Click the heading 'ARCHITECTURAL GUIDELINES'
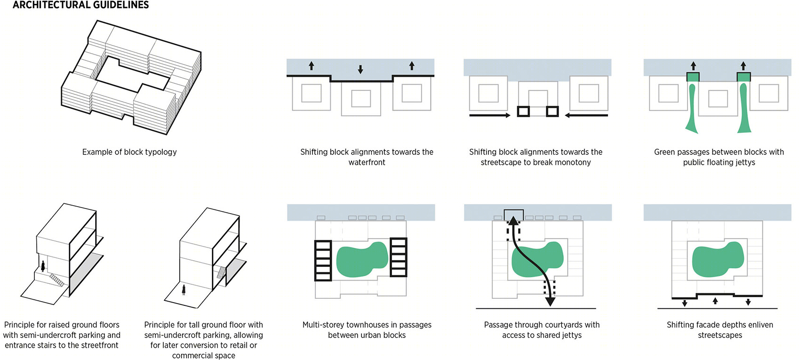pyautogui.click(x=80, y=5)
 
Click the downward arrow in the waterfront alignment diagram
pyautogui.click(x=360, y=69)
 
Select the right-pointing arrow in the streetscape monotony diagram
pyautogui.click(x=490, y=115)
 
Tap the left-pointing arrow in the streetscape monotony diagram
pyautogui.click(x=586, y=115)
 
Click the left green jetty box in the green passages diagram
pyautogui.click(x=693, y=77)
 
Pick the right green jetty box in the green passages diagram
pyautogui.click(x=744, y=77)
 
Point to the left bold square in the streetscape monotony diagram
pyautogui.click(x=523, y=112)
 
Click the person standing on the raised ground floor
pyautogui.click(x=43, y=266)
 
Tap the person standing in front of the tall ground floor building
pyautogui.click(x=184, y=289)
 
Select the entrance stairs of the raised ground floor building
pyautogui.click(x=57, y=280)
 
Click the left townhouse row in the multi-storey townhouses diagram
pyautogui.click(x=323, y=260)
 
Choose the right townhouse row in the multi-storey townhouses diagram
pyautogui.click(x=398, y=257)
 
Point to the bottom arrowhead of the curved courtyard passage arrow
pyautogui.click(x=550, y=301)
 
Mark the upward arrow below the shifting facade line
pyautogui.click(x=715, y=301)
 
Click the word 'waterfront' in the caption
pyautogui.click(x=367, y=162)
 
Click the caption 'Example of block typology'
pyautogui.click(x=129, y=152)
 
